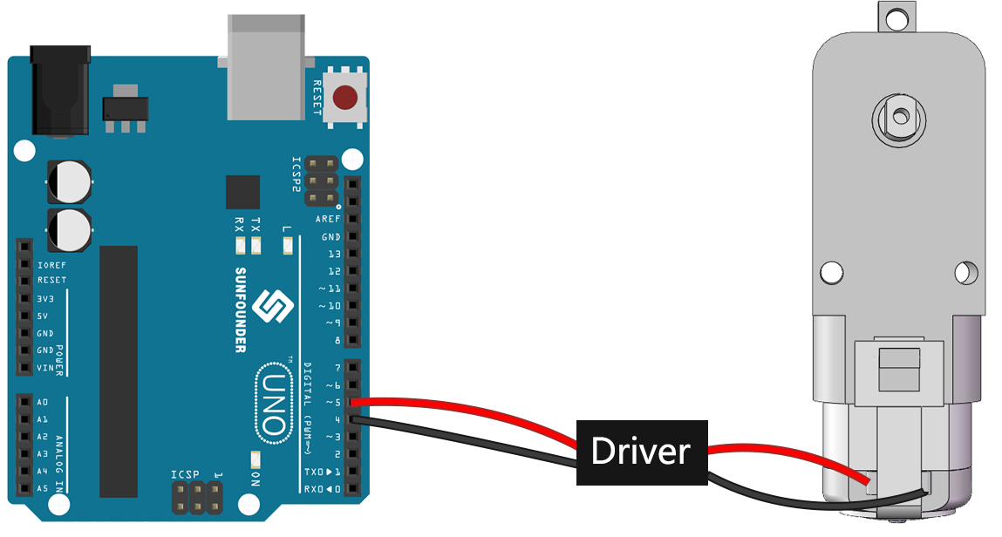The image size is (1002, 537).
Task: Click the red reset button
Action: (345, 98)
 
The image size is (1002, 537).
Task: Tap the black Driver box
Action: (642, 452)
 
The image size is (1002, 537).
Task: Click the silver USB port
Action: (266, 68)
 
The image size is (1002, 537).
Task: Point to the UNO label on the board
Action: (274, 403)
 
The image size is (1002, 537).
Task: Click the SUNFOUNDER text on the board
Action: (241, 309)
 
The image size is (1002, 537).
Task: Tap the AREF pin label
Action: (328, 219)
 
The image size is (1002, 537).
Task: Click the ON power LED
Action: (256, 459)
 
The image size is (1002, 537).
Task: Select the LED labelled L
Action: (288, 245)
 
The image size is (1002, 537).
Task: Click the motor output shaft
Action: (900, 117)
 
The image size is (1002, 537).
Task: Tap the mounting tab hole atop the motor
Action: (896, 19)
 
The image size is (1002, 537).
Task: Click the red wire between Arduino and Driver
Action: (465, 414)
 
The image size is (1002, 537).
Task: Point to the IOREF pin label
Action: (51, 265)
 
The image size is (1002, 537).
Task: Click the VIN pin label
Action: (45, 368)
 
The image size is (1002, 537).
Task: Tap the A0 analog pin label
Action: (42, 402)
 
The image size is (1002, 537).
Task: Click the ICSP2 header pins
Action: (322, 181)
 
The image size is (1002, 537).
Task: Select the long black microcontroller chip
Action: (119, 371)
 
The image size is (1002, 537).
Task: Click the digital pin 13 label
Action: (334, 255)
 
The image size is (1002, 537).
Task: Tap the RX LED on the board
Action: (241, 245)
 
